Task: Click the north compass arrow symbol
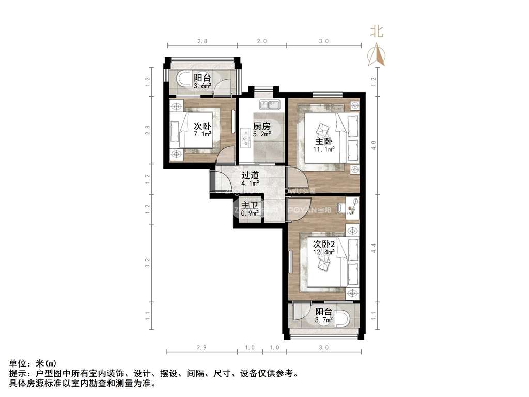tap(377, 54)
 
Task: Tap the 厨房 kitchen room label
tap(261, 126)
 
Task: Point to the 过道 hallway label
tap(250, 175)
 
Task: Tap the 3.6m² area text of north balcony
tap(202, 86)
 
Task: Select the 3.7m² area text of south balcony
tap(324, 320)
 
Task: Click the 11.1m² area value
tap(324, 149)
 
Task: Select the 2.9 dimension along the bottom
tap(201, 347)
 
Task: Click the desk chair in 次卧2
tap(342, 208)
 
